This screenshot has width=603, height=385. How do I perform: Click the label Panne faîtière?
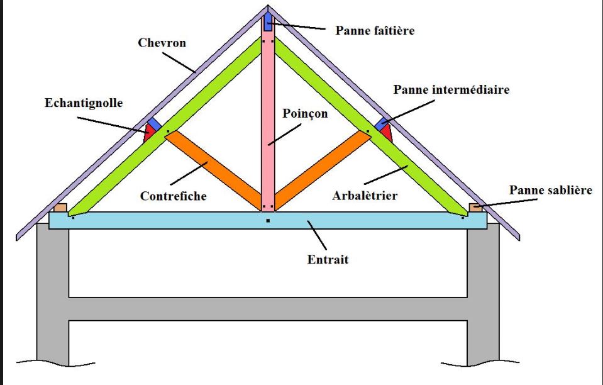(x=375, y=30)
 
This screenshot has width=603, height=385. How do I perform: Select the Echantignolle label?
(x=83, y=103)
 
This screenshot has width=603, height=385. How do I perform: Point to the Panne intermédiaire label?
(x=451, y=89)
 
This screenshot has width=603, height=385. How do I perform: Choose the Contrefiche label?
(x=174, y=196)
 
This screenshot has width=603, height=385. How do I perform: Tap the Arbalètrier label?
(x=365, y=196)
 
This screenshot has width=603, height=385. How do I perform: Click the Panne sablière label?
(x=551, y=189)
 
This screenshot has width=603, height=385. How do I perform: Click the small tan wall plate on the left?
(x=60, y=207)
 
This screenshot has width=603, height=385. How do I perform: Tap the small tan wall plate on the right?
(x=476, y=207)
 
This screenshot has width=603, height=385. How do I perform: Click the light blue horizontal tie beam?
(x=157, y=220)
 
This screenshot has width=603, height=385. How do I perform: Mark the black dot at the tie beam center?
(x=268, y=221)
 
